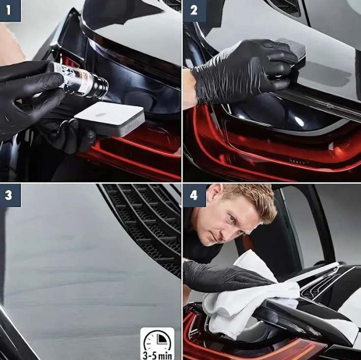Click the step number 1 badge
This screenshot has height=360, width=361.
[x=10, y=11]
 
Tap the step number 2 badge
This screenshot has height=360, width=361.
[x=194, y=11]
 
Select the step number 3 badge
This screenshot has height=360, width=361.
[x=10, y=195]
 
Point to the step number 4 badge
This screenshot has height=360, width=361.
[x=194, y=195]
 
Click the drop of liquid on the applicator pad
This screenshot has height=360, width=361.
[x=101, y=115]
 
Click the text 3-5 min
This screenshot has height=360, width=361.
[x=157, y=356]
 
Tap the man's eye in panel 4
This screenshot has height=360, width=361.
[x=231, y=217]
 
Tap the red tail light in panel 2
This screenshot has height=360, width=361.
[x=271, y=148]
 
